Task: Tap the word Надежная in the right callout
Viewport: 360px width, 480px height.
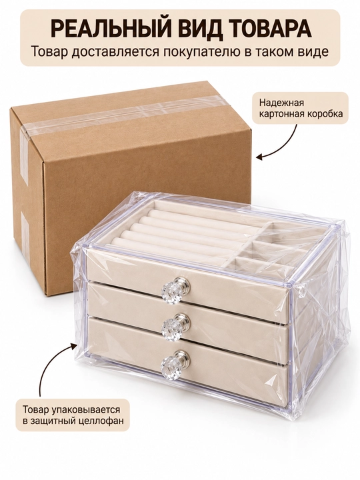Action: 281,102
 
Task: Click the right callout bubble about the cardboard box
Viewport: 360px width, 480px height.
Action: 301,108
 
